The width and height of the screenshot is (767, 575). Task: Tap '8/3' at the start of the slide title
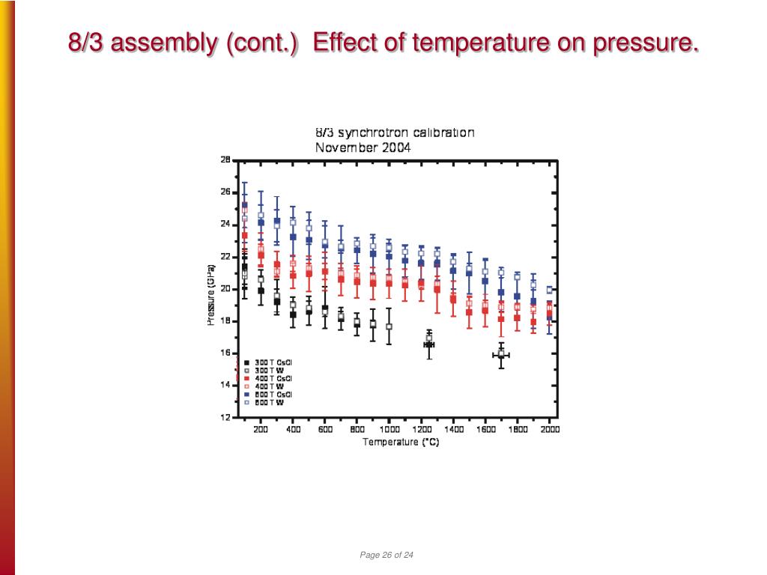point(85,43)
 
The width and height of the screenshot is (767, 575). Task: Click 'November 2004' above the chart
point(362,147)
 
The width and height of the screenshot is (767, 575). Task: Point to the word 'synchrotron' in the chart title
point(375,133)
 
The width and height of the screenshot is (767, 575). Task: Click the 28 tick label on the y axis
point(225,159)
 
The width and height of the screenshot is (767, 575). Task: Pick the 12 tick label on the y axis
point(225,418)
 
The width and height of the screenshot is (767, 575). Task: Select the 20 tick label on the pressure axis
point(225,289)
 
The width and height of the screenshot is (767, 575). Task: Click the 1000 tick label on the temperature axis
point(389,430)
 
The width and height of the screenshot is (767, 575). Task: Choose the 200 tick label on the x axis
point(260,430)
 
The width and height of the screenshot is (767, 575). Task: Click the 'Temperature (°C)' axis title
point(401,442)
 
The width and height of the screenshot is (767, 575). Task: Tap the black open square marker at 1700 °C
point(501,353)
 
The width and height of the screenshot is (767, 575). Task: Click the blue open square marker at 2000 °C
point(550,290)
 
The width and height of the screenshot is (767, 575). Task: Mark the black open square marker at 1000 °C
point(389,326)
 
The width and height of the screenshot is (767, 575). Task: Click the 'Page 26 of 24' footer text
point(386,555)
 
